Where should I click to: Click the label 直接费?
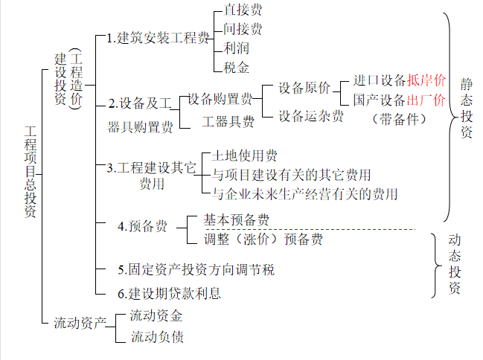coord(243,11)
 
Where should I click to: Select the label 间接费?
coord(243,30)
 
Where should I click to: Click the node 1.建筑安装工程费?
coord(157,39)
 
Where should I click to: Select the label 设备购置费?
coord(220,98)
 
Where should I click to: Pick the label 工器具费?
coord(228,120)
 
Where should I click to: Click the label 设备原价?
coord(304,88)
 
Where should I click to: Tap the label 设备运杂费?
coord(311,116)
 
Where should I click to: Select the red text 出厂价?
coord(426,99)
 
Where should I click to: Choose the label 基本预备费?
coord(237,220)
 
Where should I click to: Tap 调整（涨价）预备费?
coord(263,240)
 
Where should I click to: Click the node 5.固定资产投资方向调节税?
coord(196,269)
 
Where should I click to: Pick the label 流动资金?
coord(156,316)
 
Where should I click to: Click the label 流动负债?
coord(156,337)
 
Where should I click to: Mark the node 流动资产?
coord(80,324)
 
